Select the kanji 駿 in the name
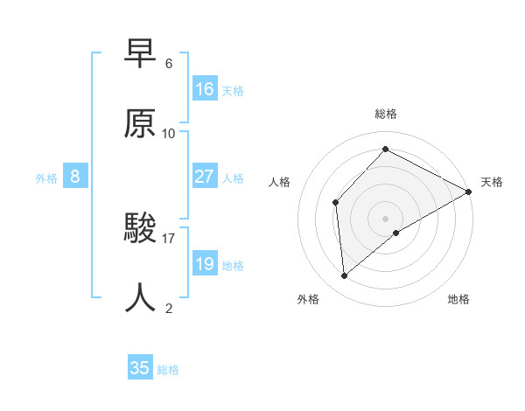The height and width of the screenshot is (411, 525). pos(141,229)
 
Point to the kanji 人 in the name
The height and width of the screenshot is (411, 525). pos(141,298)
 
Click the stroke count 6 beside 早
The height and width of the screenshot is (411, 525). pos(169,64)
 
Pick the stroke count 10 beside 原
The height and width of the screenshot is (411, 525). pos(169,133)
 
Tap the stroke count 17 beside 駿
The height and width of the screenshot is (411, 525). pos(169,238)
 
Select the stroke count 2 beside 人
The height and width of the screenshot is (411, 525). pos(169,308)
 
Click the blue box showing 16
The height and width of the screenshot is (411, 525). pos(205,89)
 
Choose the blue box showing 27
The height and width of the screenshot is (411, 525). pos(205,177)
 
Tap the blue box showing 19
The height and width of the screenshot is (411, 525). pos(205,264)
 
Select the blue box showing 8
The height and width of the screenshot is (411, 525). pos(75,177)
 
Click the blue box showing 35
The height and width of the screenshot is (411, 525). pos(140,368)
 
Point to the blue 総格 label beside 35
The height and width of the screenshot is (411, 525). pos(168,370)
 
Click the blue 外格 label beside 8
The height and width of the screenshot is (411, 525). pos(46,178)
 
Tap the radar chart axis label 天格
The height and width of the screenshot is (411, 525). pos(492,182)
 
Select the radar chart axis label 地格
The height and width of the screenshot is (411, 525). pos(458,299)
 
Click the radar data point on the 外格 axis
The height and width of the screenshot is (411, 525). pos(345,276)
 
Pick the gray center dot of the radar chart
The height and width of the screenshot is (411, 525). pos(385,218)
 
